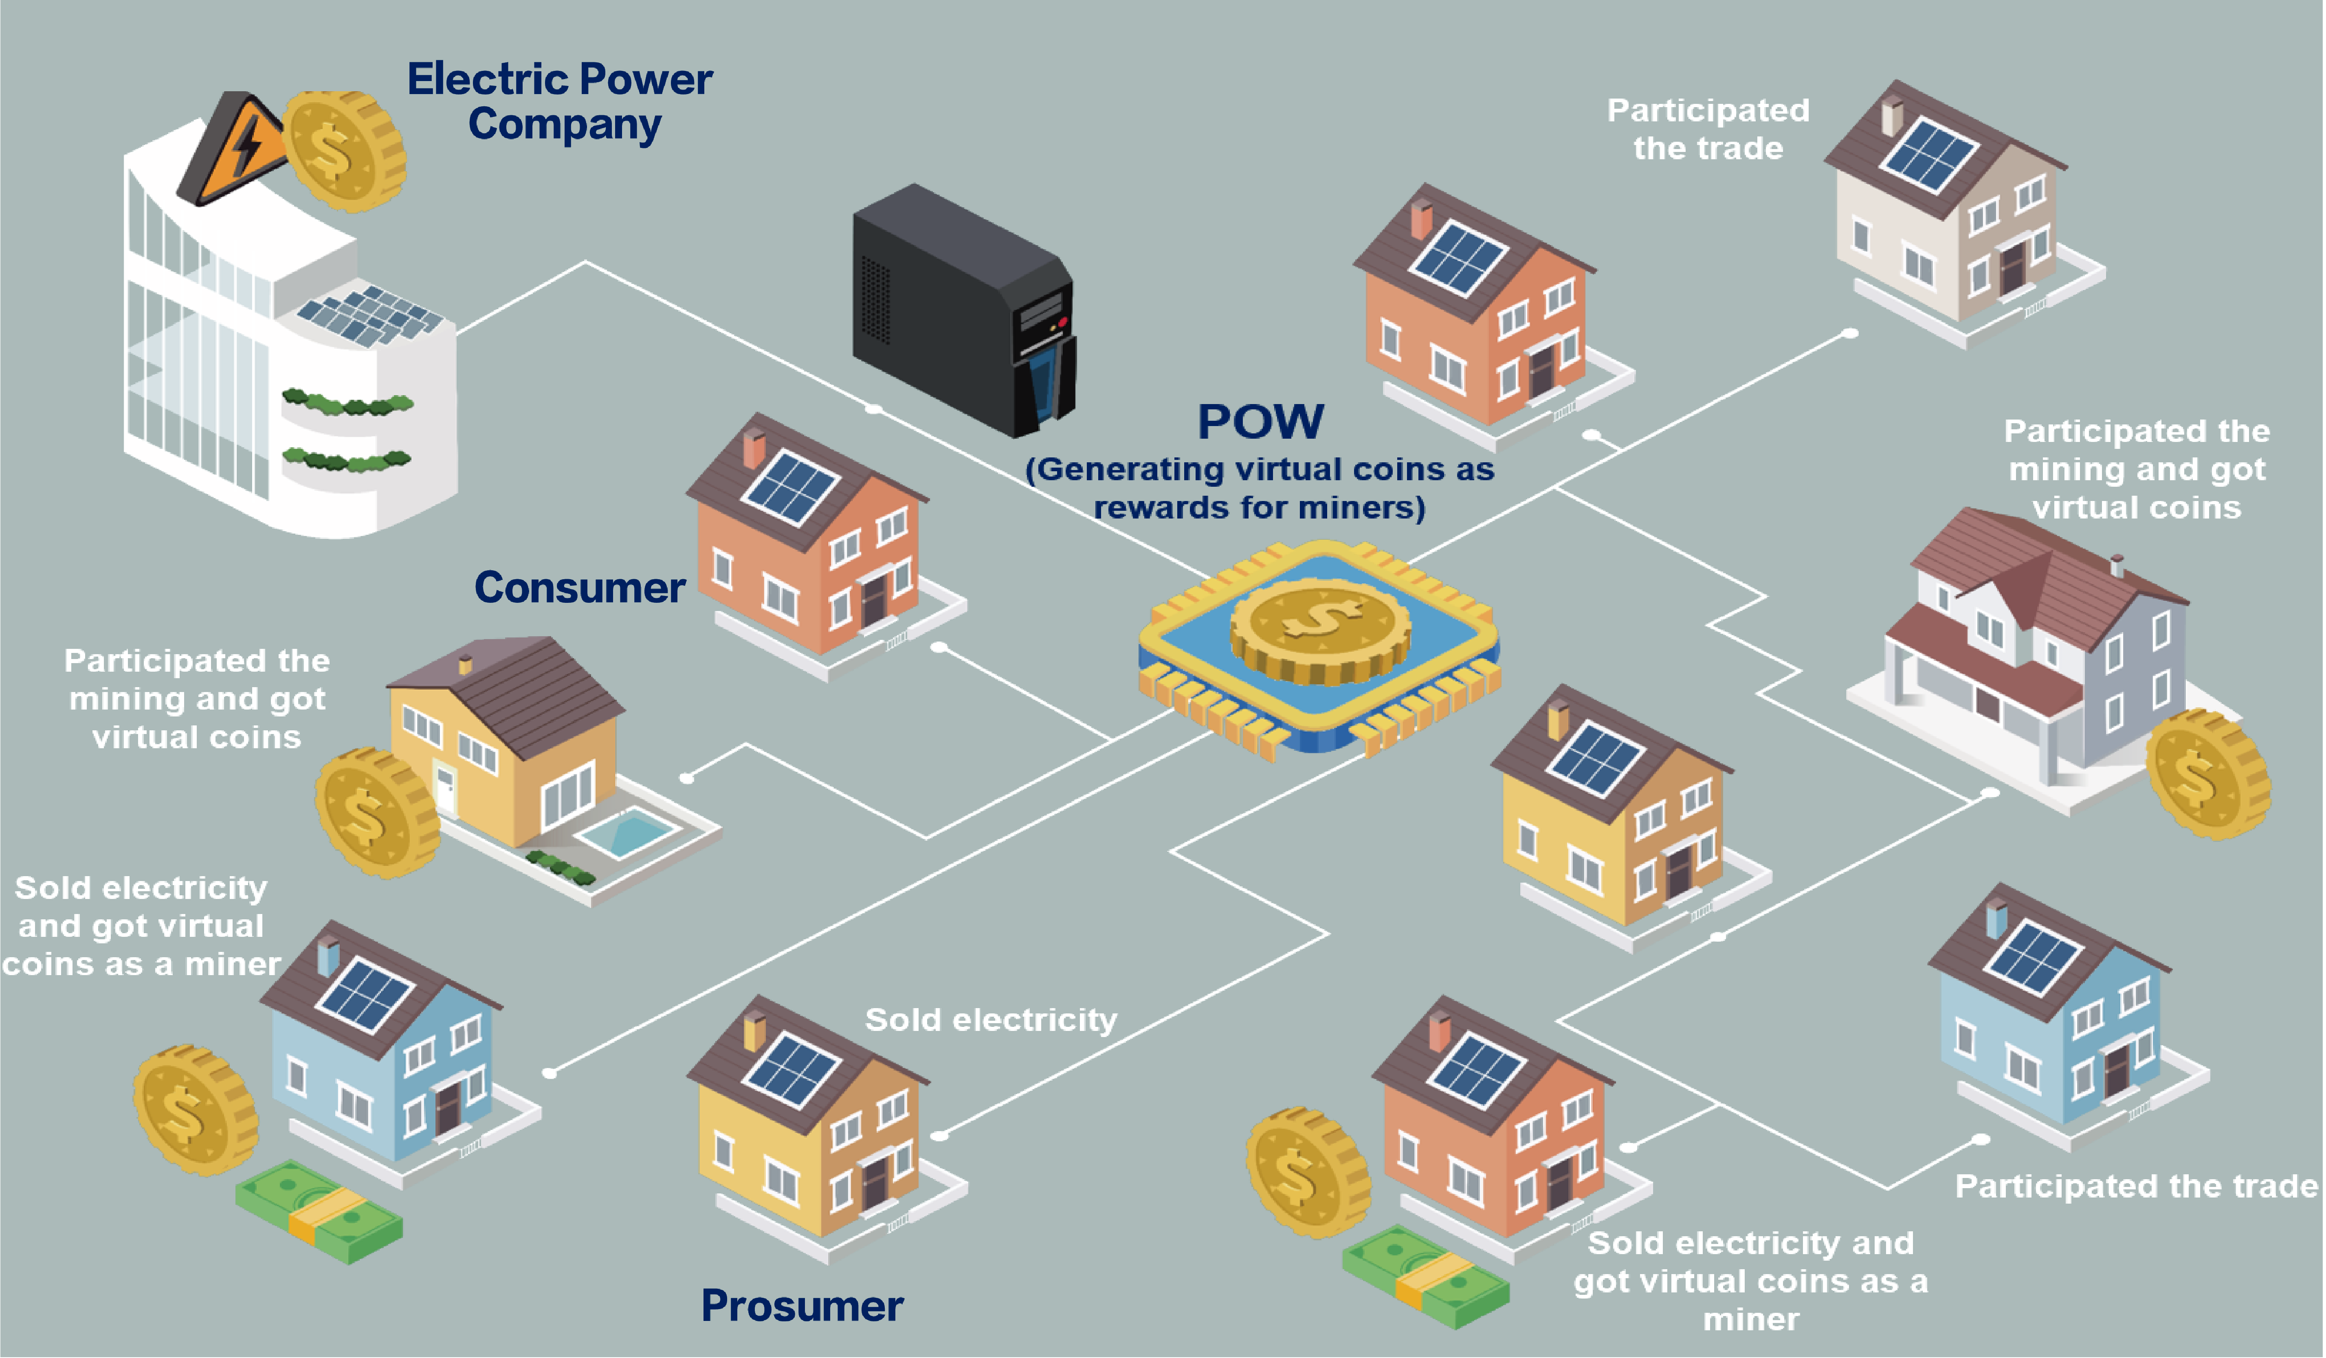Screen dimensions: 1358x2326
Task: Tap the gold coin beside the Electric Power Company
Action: [x=343, y=150]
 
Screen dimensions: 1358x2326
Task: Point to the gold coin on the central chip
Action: [x=1320, y=628]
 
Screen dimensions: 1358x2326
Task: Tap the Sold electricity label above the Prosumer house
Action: [x=990, y=1019]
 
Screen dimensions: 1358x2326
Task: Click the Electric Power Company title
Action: [x=560, y=101]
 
